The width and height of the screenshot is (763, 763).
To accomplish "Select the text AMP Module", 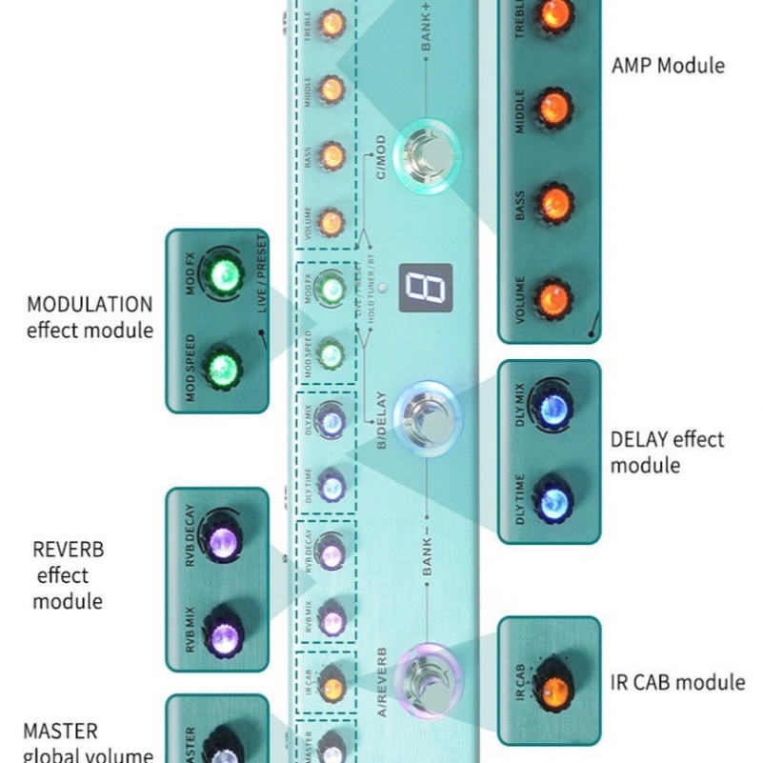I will click(x=668, y=66).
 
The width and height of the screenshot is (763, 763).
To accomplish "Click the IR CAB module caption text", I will click(x=677, y=682).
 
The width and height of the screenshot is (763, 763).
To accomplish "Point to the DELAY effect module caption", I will click(x=667, y=452).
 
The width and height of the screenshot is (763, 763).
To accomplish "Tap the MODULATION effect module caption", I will click(x=90, y=317).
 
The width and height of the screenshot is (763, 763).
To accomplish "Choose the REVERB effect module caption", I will click(x=68, y=575).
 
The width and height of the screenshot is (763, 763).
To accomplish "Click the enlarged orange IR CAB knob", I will click(x=551, y=691).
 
